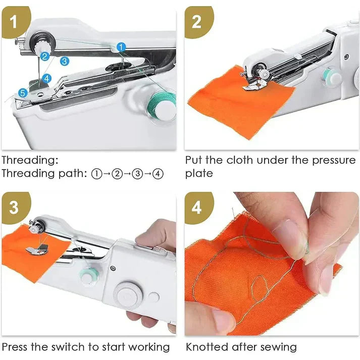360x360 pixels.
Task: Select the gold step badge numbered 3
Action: click(14, 206)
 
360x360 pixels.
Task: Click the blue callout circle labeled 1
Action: click(121, 47)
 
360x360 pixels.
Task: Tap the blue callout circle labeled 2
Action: click(45, 57)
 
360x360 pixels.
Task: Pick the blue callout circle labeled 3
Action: click(64, 61)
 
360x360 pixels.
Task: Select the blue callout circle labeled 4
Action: click(46, 78)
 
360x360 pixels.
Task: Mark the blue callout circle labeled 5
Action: click(23, 92)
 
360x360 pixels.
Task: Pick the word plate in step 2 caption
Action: click(199, 174)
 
